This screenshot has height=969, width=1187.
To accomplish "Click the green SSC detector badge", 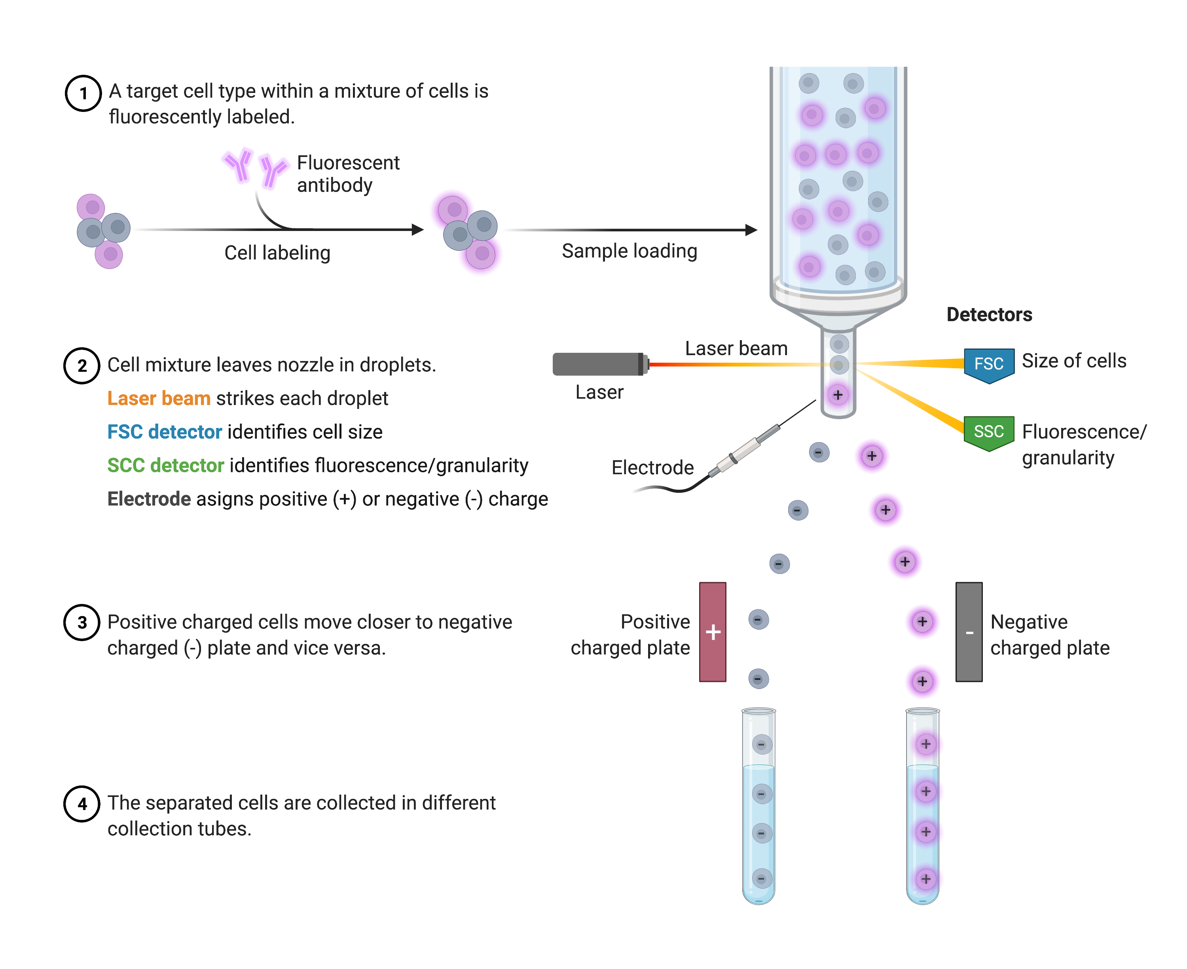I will pos(988,432).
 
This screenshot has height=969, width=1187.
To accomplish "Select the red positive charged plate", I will pos(713,632).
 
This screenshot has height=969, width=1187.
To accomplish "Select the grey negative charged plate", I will pos(969,632).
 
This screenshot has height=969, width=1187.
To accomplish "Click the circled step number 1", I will pos(83,93).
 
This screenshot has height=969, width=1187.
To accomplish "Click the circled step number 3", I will pos(82,623).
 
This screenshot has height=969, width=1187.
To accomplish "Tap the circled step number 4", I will pos(82,804).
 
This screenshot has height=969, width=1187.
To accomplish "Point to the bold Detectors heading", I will pos(989,315).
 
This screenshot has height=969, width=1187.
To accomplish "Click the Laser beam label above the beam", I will pos(736,348).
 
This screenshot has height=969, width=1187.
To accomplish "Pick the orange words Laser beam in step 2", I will pos(159,399).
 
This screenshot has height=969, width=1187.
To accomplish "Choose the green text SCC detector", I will pos(165,466).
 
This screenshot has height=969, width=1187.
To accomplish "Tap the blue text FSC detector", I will pos(164,432).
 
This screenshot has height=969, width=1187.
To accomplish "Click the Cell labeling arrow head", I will pos(418,230).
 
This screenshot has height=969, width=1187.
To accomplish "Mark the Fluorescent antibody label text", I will pos(347,174).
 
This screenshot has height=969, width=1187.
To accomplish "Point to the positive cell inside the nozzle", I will pos(838,395).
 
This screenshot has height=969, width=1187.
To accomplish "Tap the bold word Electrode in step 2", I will pos(148,499).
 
